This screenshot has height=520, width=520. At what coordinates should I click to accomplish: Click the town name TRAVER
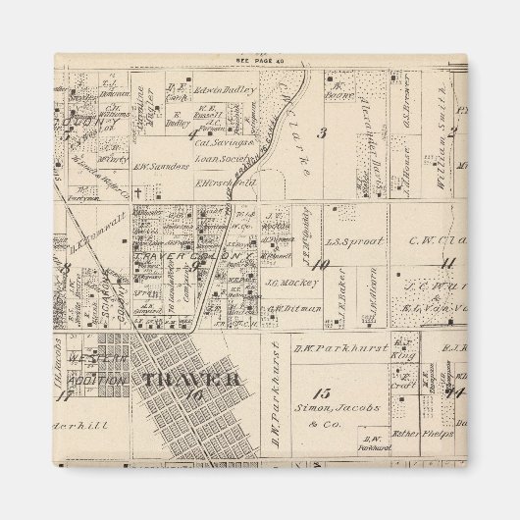[x=192, y=379]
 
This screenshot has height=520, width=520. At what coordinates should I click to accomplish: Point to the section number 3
[x=322, y=131]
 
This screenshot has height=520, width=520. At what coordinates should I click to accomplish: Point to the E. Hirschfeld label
[x=225, y=182]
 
